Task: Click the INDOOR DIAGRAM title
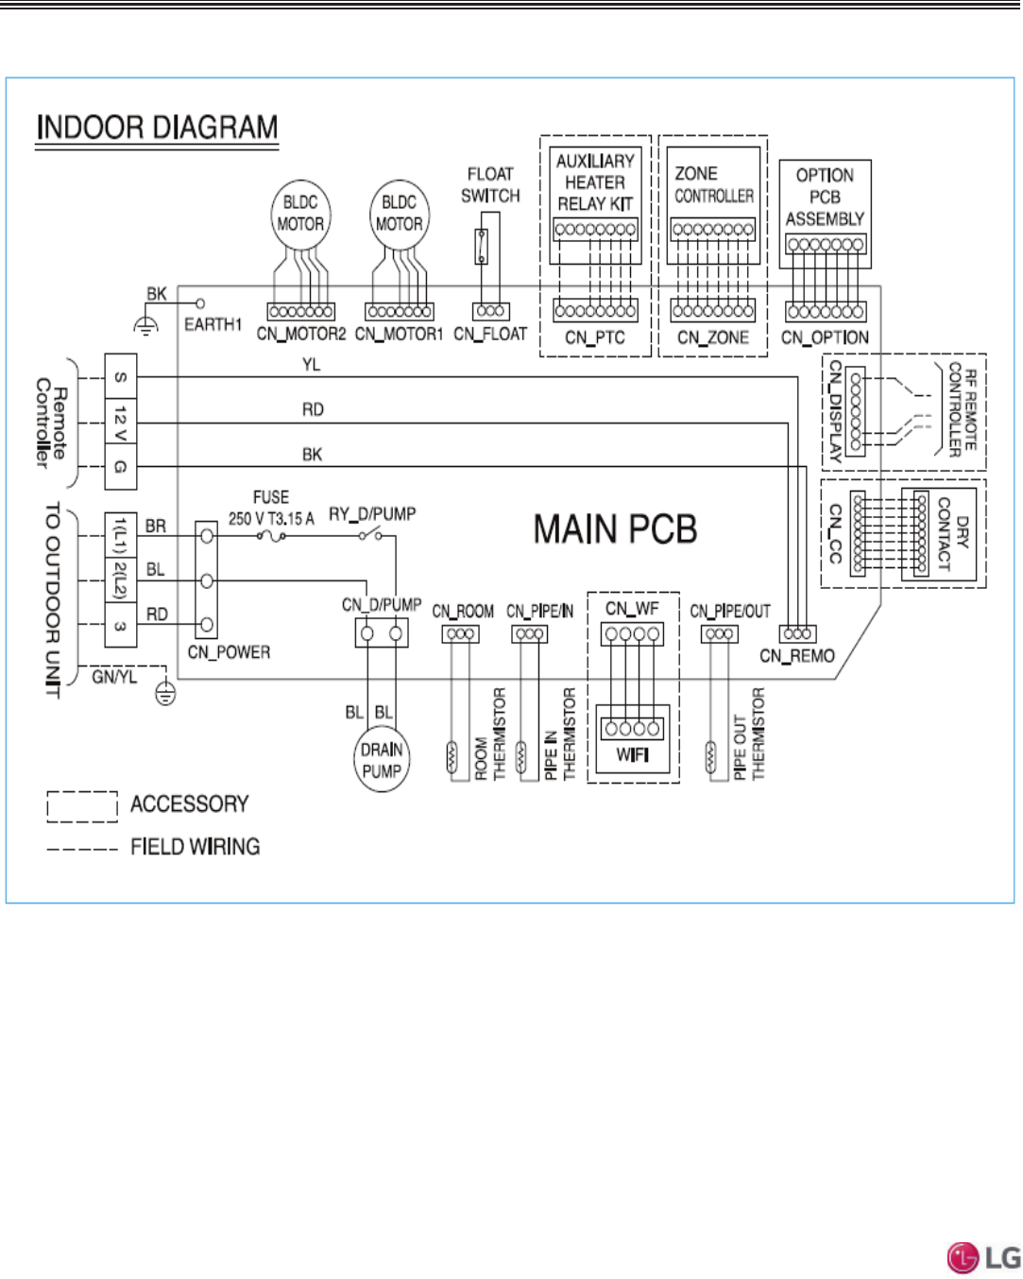[157, 128]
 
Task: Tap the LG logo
[983, 1257]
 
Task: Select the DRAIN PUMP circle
[382, 760]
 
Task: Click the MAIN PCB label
[615, 530]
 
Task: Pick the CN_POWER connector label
[229, 652]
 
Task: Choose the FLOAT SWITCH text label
[490, 185]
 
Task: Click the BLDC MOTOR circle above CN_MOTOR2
[300, 215]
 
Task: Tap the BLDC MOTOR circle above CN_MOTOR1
[400, 215]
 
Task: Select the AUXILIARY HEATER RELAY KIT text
[595, 182]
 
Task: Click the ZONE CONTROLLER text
[714, 185]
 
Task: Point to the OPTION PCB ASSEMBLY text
[825, 198]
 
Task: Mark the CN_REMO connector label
[797, 656]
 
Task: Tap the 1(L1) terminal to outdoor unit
[121, 535]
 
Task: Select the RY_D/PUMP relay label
[372, 514]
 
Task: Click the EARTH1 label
[213, 325]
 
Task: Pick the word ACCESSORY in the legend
[189, 804]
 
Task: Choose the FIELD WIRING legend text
[195, 847]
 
